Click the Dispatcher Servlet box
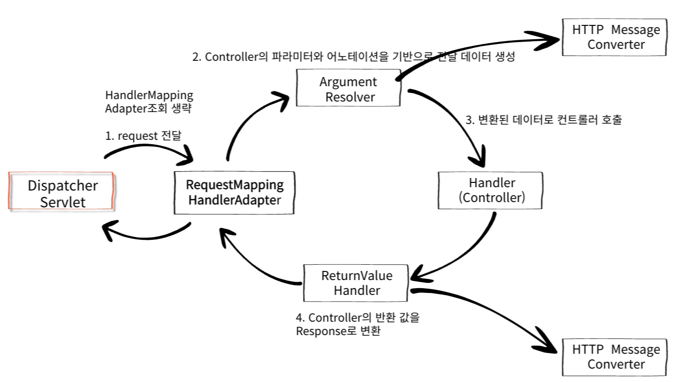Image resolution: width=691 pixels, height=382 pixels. coord(61,191)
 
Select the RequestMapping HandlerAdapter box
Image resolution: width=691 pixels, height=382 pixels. coord(234,192)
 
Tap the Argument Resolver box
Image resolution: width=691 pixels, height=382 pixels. coord(348,88)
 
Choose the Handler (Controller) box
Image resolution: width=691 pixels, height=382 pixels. coord(491,191)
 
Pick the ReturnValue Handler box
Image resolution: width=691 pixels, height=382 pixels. coord(356,283)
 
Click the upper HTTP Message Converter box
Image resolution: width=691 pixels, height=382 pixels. coord(614,37)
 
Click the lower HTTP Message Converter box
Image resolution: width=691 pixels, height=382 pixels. coord(614,358)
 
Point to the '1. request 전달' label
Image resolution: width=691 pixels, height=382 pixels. coord(143,135)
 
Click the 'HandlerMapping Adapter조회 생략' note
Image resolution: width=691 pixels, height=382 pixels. coord(149,101)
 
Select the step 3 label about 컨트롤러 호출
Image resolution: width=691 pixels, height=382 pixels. coord(543,120)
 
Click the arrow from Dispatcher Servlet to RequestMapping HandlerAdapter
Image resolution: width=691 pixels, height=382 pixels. coord(148,147)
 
